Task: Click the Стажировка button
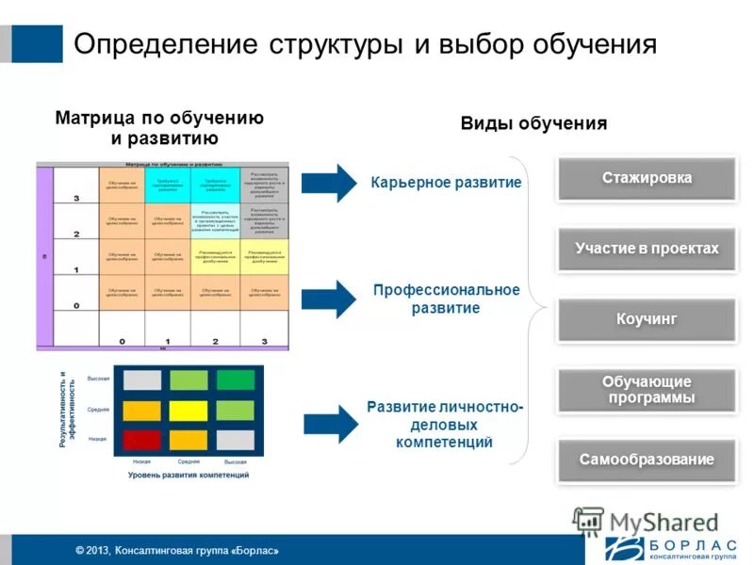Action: click(x=647, y=179)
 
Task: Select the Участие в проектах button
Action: click(x=647, y=250)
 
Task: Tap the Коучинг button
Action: click(x=647, y=320)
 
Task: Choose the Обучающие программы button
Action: click(x=647, y=390)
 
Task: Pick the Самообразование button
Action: click(x=647, y=460)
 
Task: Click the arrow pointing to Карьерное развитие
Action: click(x=328, y=181)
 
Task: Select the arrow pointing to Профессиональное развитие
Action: click(x=328, y=299)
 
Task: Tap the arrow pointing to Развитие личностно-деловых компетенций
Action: click(x=328, y=423)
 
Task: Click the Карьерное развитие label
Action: click(x=446, y=182)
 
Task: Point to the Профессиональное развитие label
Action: click(x=446, y=299)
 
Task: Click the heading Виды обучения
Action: click(x=533, y=124)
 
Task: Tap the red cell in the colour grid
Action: click(x=142, y=439)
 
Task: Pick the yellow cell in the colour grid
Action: click(x=188, y=411)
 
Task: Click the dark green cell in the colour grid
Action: click(x=235, y=380)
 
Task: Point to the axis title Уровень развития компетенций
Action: click(x=188, y=476)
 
